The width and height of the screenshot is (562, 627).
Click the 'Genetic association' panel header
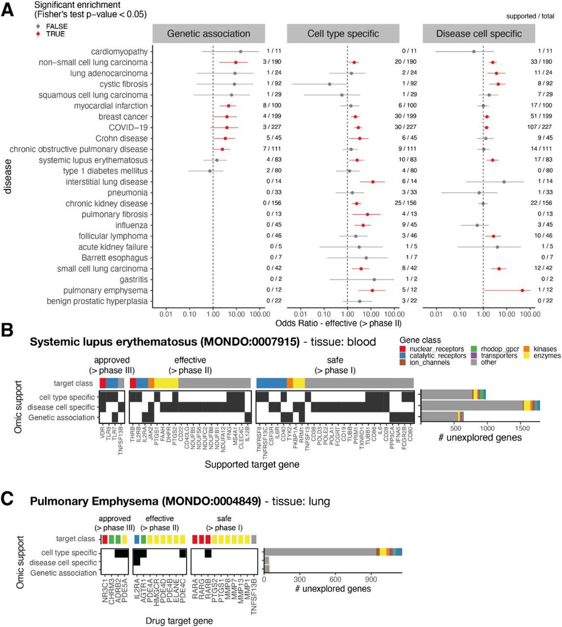209,34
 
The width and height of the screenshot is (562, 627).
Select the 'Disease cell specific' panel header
479,34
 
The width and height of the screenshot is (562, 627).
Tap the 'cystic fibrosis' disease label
123,84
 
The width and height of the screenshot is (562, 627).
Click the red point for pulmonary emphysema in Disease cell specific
522,291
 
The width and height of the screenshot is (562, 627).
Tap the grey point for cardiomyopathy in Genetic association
240,51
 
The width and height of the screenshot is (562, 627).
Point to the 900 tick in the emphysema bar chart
371,579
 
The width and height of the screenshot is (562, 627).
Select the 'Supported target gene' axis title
252,464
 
